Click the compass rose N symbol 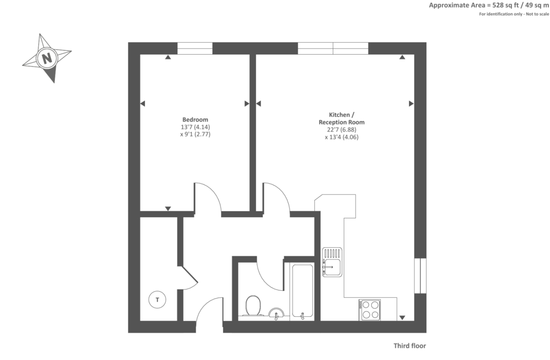[x=46, y=58]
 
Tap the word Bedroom [x=195, y=119]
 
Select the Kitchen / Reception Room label [x=341, y=118]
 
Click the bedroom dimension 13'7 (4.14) [x=195, y=127]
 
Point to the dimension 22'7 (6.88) [x=341, y=129]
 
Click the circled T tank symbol [x=158, y=300]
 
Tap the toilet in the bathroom [x=253, y=305]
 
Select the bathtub [x=302, y=291]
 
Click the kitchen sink [x=332, y=262]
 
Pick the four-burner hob [x=370, y=310]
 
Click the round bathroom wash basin [x=276, y=314]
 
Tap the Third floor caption [x=410, y=346]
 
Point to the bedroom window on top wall [x=195, y=48]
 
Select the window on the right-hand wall [x=420, y=275]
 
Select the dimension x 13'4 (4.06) [x=341, y=137]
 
